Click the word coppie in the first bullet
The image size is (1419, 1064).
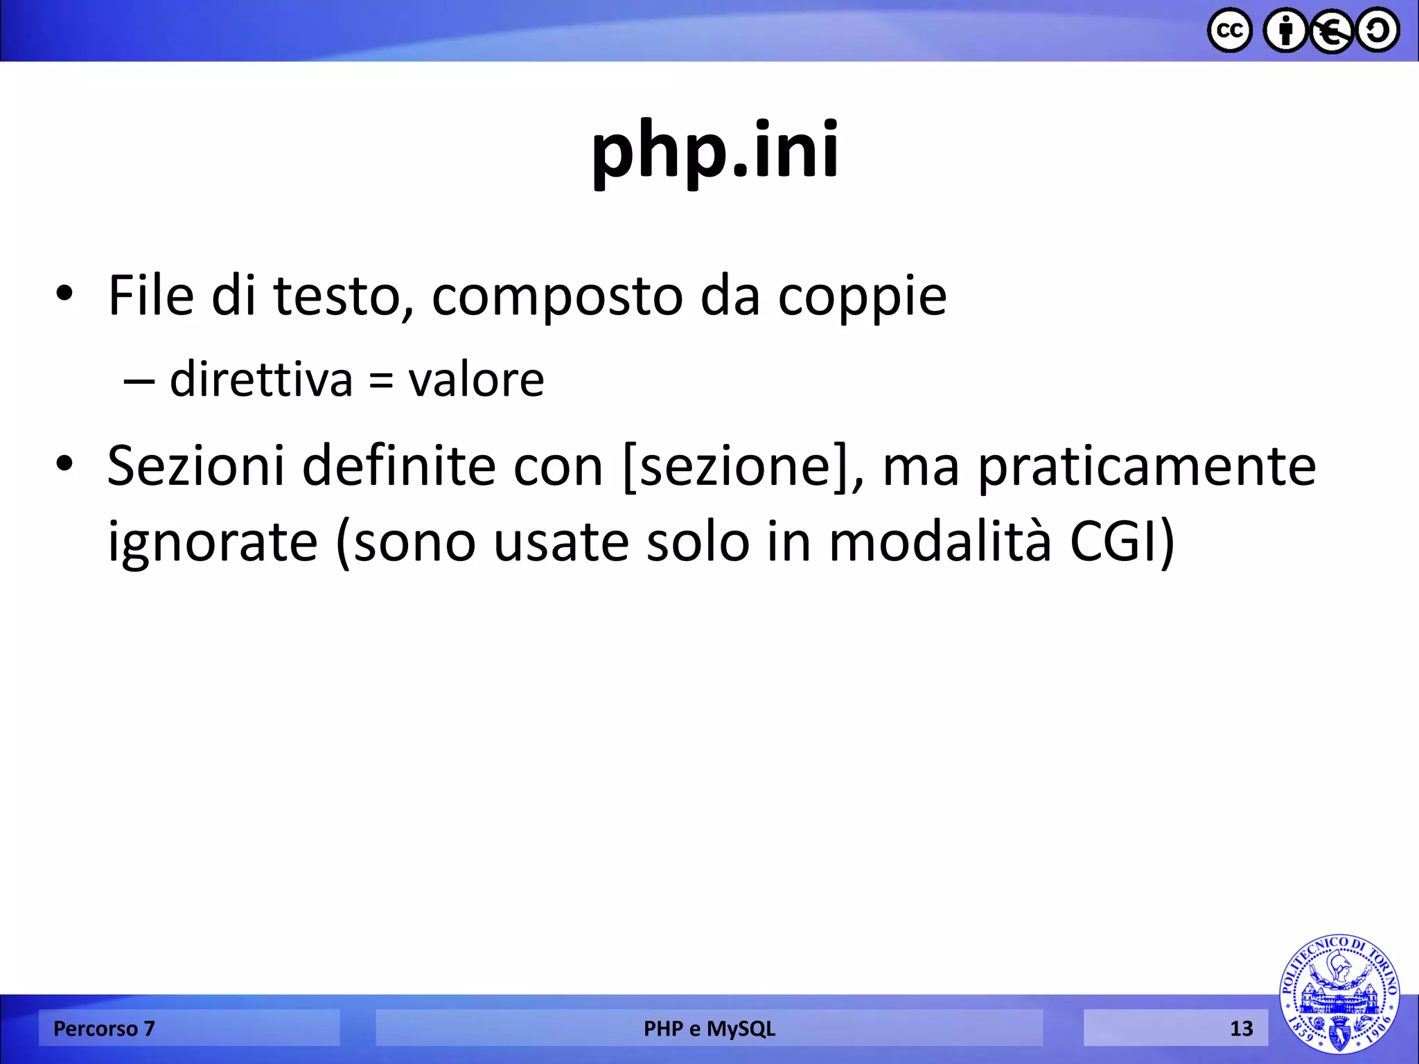(x=862, y=296)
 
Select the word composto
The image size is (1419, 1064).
(x=557, y=296)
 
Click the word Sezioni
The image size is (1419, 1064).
(x=196, y=465)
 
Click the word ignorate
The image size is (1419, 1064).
(x=212, y=542)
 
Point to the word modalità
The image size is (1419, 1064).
(x=940, y=541)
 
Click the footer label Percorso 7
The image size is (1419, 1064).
(x=104, y=1029)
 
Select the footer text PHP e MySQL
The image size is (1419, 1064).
(x=709, y=1029)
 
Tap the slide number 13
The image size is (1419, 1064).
(x=1241, y=1029)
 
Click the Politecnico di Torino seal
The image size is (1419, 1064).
(x=1339, y=993)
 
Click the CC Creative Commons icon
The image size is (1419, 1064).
(x=1229, y=31)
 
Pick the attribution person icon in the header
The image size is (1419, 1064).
(x=1285, y=31)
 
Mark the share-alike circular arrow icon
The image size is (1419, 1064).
(x=1377, y=31)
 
